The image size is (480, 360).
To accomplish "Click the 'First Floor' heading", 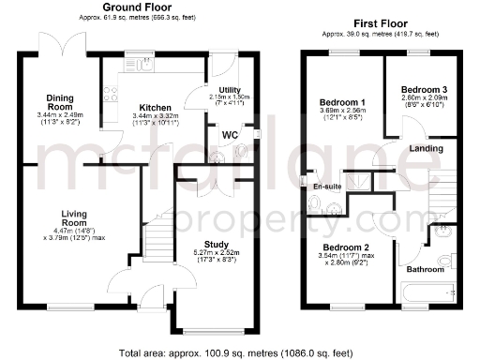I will click(385, 22).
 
